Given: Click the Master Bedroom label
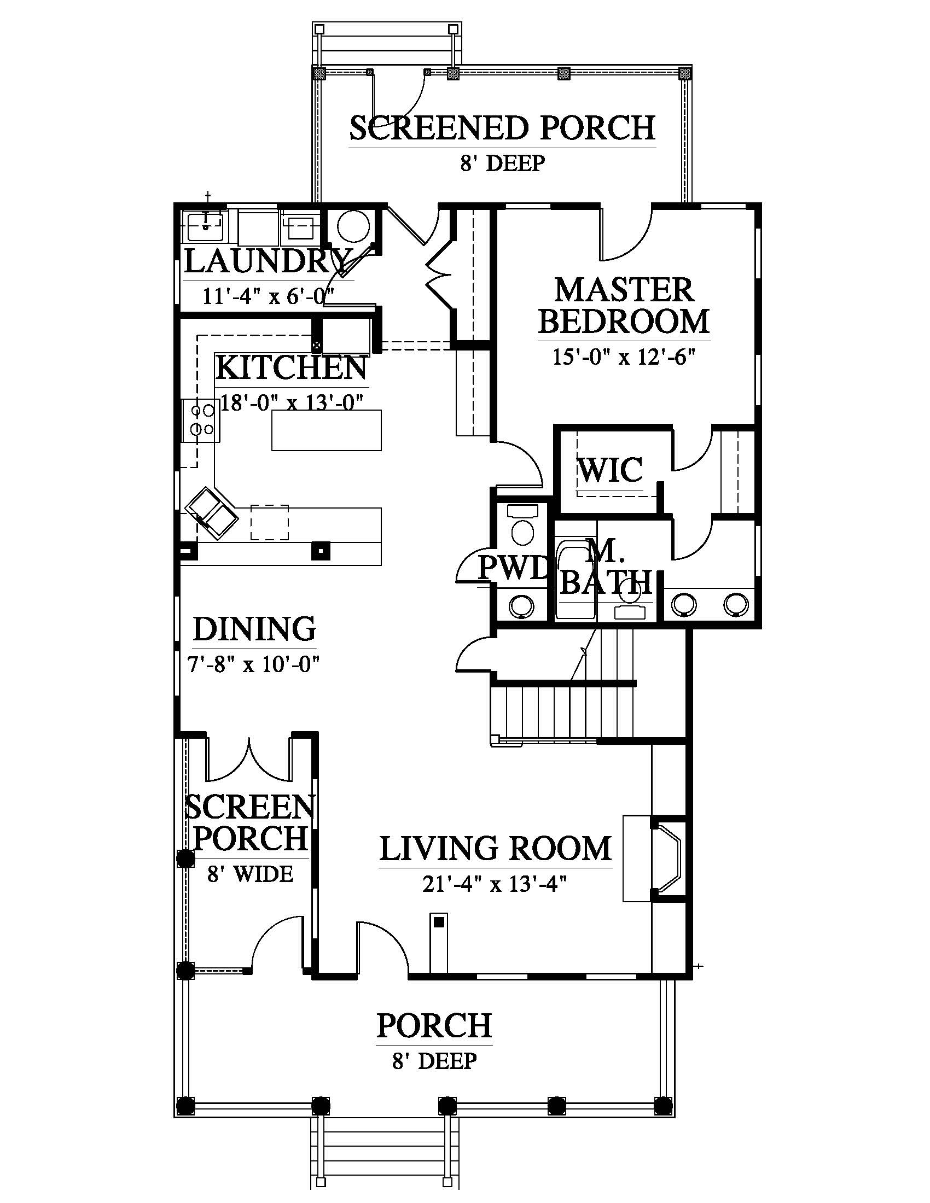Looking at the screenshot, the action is pos(623,306).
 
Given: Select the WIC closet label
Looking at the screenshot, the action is pos(610,469).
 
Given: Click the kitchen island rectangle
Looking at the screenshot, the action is pos(326,430).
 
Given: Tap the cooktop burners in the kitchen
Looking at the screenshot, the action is pos(202,420).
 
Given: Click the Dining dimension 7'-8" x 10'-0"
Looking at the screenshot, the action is pos(254,664).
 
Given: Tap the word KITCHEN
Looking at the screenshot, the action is pos(291,368).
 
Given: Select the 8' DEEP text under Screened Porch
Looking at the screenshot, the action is pos(502,163).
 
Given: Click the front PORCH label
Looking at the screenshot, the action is pos(434,1025).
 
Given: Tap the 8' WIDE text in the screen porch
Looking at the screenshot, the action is pos(250,874).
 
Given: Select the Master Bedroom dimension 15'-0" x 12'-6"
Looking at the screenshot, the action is pos(624,357).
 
